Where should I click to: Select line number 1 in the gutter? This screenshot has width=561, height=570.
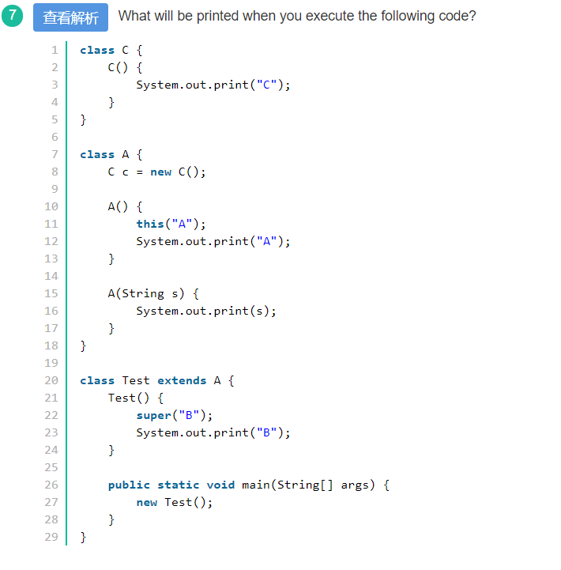55,50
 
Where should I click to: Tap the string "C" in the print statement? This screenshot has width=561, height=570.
266,85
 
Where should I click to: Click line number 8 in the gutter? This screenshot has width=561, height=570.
55,172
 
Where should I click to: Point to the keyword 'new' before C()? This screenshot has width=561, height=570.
160,172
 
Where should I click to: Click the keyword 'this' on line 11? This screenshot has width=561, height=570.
150,224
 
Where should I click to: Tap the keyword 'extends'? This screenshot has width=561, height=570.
182,380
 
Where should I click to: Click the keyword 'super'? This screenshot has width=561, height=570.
153,415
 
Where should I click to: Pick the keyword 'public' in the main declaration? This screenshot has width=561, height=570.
129,485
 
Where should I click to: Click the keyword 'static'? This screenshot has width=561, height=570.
178,485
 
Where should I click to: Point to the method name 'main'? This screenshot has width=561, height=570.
256,485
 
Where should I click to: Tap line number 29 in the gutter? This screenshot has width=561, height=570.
51,537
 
